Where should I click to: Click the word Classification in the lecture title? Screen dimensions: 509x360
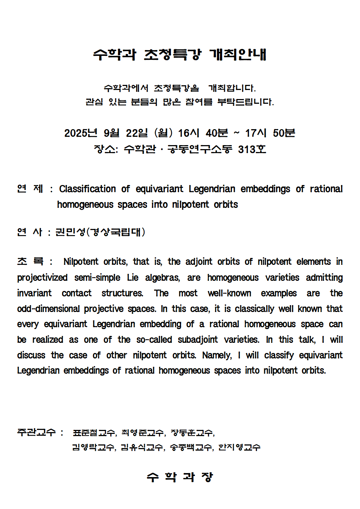tap(87, 189)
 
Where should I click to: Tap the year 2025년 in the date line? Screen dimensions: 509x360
tap(81, 133)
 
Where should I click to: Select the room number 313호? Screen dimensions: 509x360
tap(252, 149)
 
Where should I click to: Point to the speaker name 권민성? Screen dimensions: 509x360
tap(70, 232)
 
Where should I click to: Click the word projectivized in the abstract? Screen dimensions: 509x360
tap(42, 278)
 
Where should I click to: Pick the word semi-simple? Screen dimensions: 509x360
tap(97, 278)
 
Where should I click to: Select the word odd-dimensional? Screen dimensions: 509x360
tap(48, 309)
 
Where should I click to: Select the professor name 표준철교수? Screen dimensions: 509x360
tap(94, 432)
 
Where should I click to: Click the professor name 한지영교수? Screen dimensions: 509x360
tap(239, 447)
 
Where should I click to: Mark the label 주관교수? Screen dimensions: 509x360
tap(36, 432)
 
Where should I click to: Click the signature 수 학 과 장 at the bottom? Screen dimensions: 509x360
tap(180, 477)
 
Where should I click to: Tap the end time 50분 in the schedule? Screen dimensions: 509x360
tap(284, 133)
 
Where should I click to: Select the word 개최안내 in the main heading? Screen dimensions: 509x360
tap(238, 55)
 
